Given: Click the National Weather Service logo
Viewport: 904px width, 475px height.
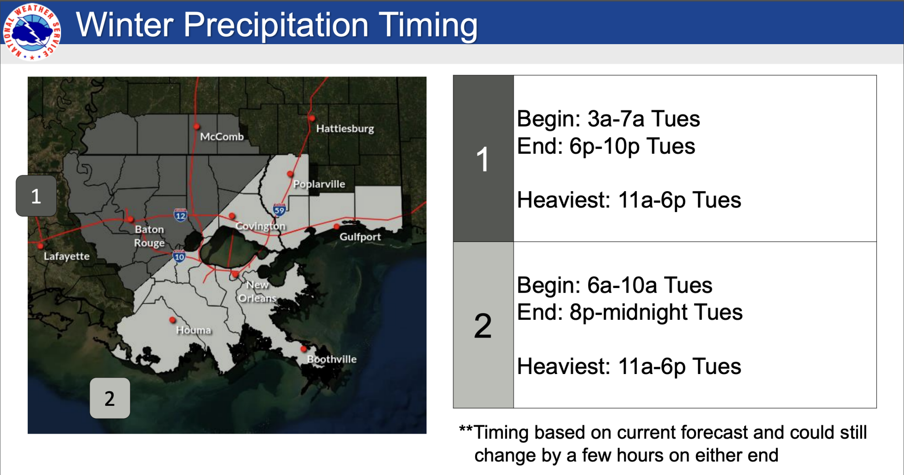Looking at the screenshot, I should point(32,31).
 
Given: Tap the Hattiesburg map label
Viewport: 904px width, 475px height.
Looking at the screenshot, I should point(345,129).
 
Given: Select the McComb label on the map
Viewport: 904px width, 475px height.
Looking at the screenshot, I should point(222,136).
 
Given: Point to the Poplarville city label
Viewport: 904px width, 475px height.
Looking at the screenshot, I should point(319,184).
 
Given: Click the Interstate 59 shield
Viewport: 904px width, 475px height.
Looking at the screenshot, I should point(279,210).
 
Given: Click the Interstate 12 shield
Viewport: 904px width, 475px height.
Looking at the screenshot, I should point(180,215).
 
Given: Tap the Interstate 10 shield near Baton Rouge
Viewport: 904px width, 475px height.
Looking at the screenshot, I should point(179,257).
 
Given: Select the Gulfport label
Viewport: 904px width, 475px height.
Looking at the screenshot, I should point(360,237).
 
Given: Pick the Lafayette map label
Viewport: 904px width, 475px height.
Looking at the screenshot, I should point(66,256).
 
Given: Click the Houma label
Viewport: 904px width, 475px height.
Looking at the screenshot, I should point(193,330).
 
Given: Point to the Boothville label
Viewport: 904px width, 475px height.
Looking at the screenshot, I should point(331,359).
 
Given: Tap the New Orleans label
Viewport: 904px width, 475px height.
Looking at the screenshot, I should point(257,292).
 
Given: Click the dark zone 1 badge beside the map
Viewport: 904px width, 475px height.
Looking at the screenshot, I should point(36,196).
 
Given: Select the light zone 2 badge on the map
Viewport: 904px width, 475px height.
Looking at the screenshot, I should point(110,398).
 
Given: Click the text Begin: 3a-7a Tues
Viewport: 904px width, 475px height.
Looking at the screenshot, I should point(608,119).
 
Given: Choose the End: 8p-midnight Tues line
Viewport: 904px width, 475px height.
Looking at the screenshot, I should point(629,313).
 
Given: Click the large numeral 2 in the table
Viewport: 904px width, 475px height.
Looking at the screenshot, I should point(482,326).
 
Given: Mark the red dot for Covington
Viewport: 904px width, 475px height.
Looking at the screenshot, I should point(232,216).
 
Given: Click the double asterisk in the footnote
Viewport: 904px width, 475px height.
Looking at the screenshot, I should point(466,430).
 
